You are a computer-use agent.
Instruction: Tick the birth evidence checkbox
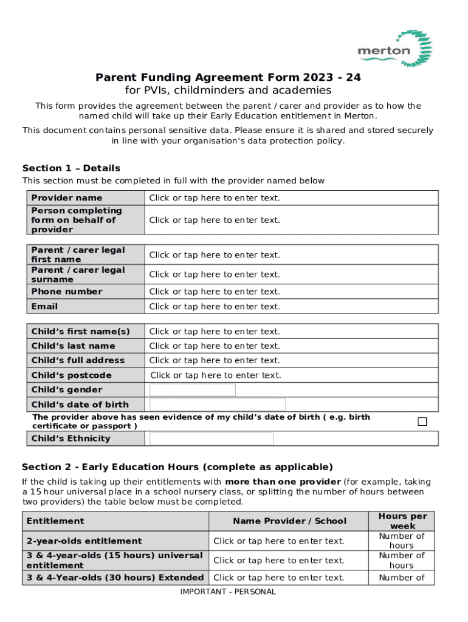[x=422, y=422]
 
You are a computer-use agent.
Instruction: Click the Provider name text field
[x=215, y=198]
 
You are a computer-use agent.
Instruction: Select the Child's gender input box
[x=193, y=390]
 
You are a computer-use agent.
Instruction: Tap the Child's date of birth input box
[x=218, y=405]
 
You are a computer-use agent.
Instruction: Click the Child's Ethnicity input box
[x=212, y=439]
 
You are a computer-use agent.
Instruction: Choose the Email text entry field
[x=215, y=307]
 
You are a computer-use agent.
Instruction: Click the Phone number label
[x=67, y=292]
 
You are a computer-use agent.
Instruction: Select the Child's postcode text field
[x=216, y=375]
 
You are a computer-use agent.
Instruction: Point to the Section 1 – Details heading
[x=71, y=168]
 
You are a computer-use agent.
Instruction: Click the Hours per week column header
[x=402, y=521]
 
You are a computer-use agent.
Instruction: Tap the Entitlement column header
[x=55, y=521]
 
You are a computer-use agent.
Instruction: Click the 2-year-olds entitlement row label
[x=84, y=541]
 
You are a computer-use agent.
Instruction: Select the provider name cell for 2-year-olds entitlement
[x=278, y=541]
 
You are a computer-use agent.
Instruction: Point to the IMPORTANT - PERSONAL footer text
[x=228, y=592]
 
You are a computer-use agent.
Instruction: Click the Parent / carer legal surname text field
[x=215, y=275]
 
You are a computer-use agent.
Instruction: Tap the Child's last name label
[x=73, y=346]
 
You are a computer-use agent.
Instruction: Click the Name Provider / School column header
[x=289, y=521]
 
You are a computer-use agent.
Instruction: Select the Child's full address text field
[x=215, y=360]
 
